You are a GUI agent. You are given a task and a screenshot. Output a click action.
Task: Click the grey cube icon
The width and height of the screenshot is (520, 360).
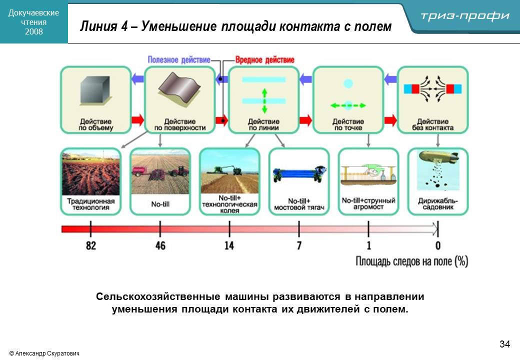[95, 90]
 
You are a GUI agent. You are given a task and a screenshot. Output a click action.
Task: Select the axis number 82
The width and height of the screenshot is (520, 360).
[91, 245]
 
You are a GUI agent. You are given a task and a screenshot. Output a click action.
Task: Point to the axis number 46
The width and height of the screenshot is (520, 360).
[160, 245]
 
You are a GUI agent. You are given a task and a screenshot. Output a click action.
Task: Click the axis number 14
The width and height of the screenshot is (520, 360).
[229, 245]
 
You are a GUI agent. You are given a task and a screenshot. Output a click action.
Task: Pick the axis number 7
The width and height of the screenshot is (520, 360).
[299, 245]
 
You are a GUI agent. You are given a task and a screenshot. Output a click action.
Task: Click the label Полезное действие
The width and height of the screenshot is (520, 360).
[179, 60]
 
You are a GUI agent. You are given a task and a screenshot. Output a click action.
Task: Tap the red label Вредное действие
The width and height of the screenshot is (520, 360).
[264, 60]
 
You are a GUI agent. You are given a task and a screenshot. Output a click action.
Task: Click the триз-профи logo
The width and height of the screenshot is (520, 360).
[465, 16]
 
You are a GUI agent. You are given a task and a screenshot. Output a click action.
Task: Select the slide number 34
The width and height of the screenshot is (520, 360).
[504, 344]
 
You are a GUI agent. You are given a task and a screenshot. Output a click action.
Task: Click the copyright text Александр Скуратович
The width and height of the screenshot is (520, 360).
[44, 353]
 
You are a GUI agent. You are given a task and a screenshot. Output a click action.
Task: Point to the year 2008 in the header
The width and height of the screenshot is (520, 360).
[34, 32]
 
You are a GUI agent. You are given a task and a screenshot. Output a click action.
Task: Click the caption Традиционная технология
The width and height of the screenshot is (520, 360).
[90, 204]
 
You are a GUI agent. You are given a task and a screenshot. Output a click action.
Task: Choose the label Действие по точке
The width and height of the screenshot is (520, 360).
[348, 124]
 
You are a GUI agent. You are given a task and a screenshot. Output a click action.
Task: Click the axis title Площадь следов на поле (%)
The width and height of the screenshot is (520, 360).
[411, 261]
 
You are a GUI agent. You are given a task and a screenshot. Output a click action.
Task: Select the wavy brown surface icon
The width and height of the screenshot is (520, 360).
[179, 87]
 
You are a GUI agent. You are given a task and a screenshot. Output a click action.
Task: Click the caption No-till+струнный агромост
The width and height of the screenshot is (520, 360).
[368, 203]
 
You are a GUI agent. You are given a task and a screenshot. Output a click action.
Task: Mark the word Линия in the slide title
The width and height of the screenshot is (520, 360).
[99, 26]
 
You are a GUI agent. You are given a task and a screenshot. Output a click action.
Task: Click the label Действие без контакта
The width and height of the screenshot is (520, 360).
[433, 124]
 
